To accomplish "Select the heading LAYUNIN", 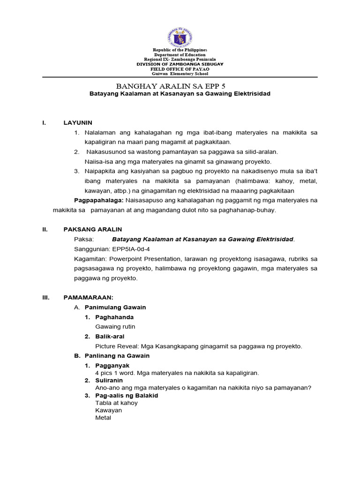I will coord(78,123).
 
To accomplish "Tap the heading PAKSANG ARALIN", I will coord(93,229).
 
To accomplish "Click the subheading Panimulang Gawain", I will coord(115,307).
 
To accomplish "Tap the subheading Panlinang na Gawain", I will coord(117,356).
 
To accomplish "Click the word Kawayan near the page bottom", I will coord(108,410).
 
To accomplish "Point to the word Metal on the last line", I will coord(103,418).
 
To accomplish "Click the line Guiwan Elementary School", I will coord(180,74).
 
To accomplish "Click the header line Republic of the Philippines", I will coord(180,50).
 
